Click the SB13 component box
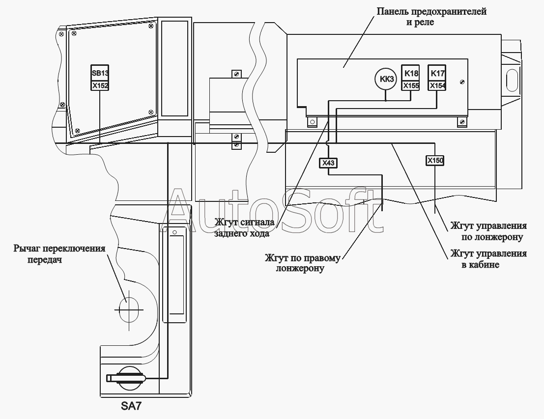pyautogui.click(x=100, y=73)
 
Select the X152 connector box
pyautogui.click(x=100, y=86)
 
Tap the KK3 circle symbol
pyautogui.click(x=386, y=79)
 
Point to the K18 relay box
pyautogui.click(x=410, y=73)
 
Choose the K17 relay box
pyautogui.click(x=437, y=73)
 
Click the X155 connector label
pyautogui.click(x=410, y=86)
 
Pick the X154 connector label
pyautogui.click(x=437, y=86)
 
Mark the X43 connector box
pyautogui.click(x=328, y=163)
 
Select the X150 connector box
pyautogui.click(x=435, y=161)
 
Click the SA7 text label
pyautogui.click(x=131, y=406)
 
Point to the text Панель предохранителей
pyautogui.click(x=431, y=11)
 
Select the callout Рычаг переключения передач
pyautogui.click(x=59, y=254)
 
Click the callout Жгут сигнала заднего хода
pyautogui.click(x=244, y=227)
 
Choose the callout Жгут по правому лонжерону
pyautogui.click(x=303, y=263)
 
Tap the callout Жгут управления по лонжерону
pyautogui.click(x=488, y=231)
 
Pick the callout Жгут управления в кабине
pyautogui.click(x=488, y=259)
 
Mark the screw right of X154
pyautogui.click(x=462, y=82)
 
